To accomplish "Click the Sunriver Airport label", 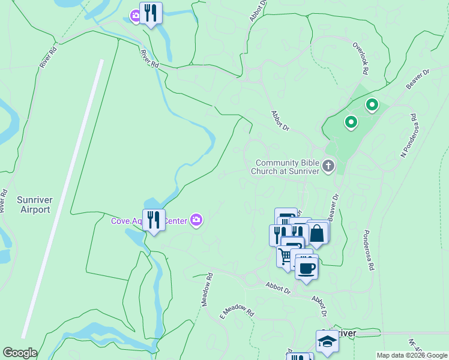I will tap(34, 204).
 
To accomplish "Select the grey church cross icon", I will tap(328, 166).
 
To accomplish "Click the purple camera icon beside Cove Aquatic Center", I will tap(196, 220).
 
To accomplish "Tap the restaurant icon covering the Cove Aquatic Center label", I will tap(154, 220).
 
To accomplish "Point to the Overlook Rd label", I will tap(360, 58).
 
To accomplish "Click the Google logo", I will tap(19, 353).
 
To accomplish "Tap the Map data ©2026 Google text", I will tap(412, 355).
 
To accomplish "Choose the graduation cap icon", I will tap(327, 341).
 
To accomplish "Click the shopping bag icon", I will tap(317, 233).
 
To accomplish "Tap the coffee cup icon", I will tap(306, 268).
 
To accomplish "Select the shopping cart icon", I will tap(285, 257).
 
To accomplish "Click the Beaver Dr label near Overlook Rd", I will tap(418, 79).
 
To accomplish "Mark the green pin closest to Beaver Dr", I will tap(372, 106).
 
